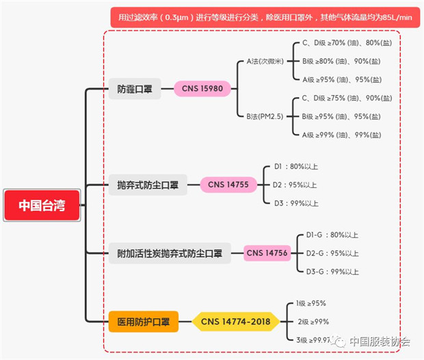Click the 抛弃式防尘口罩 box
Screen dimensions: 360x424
(x=148, y=184)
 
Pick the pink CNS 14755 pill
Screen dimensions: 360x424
(x=228, y=184)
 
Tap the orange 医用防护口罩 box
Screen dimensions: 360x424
(x=143, y=321)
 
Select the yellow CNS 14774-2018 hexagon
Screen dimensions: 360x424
(x=235, y=321)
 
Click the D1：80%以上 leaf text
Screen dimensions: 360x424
(x=295, y=166)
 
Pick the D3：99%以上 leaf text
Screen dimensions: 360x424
(x=295, y=203)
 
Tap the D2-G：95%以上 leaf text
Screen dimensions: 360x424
(x=332, y=253)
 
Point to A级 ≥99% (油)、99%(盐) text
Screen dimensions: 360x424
(x=341, y=135)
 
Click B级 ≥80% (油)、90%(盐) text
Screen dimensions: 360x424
(x=341, y=61)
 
